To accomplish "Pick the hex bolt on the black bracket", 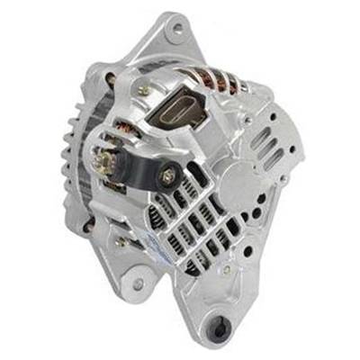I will (x=168, y=176).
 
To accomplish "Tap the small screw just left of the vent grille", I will (x=120, y=240).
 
